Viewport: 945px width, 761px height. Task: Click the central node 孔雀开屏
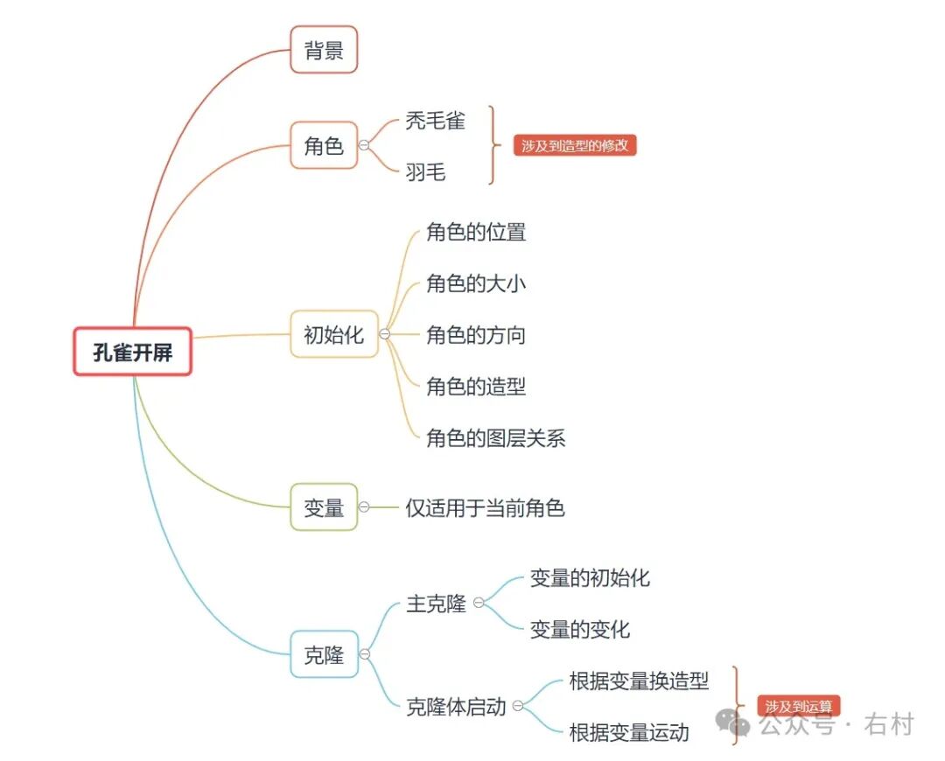point(132,352)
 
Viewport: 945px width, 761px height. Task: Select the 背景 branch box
point(324,50)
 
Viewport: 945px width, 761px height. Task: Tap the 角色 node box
point(324,145)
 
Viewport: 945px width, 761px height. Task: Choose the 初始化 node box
point(333,334)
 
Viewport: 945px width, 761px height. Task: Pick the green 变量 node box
point(324,507)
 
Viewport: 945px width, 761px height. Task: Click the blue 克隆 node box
point(324,654)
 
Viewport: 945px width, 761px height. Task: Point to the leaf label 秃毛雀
point(435,121)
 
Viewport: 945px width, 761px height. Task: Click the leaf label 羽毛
point(425,172)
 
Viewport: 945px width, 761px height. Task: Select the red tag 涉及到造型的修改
point(575,146)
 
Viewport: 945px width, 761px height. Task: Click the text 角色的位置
point(476,233)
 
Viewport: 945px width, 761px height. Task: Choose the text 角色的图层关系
point(495,437)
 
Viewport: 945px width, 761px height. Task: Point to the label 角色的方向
point(476,335)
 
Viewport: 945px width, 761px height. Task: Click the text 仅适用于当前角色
point(485,507)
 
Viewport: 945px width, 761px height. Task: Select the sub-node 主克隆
point(437,604)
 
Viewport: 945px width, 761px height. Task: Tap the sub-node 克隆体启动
point(456,706)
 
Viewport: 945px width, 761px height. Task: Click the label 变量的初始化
point(590,578)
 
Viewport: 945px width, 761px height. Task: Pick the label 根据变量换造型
point(639,681)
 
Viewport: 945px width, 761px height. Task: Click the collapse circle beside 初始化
point(384,334)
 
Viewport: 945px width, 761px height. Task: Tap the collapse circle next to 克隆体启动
point(518,706)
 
